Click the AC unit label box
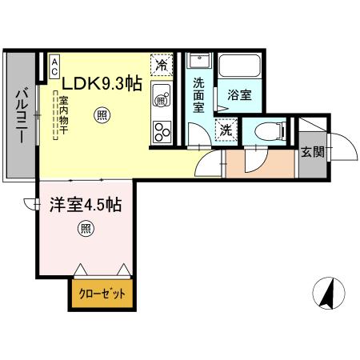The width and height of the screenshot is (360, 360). click(54, 66)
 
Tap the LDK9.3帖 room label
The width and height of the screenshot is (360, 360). click(102, 83)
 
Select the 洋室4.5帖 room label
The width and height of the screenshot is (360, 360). click(86, 205)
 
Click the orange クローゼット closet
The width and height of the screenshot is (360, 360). click(102, 294)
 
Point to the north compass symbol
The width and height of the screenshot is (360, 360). click(329, 293)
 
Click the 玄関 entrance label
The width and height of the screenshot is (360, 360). click(313, 152)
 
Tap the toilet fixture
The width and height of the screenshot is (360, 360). click(270, 131)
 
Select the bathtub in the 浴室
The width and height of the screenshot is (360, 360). click(239, 66)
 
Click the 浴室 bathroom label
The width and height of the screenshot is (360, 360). click(239, 94)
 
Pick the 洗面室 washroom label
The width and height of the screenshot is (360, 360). click(199, 95)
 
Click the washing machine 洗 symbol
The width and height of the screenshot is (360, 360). click(226, 130)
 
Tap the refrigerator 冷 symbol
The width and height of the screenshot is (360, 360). click(162, 66)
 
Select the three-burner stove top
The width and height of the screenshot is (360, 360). click(162, 132)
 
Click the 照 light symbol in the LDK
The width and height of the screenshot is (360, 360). click(102, 115)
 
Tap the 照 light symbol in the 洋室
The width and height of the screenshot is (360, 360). click(86, 229)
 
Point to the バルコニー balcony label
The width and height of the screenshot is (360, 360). click(21, 115)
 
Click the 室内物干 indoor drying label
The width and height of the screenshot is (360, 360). click(63, 115)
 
